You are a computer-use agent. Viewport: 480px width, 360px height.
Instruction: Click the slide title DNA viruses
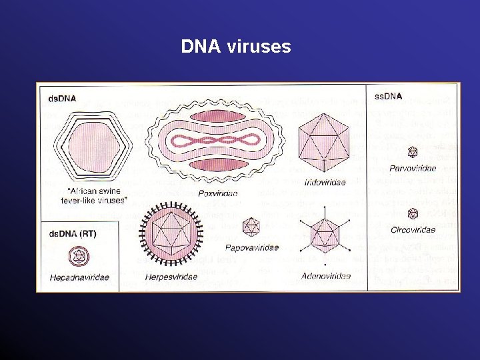click(x=236, y=47)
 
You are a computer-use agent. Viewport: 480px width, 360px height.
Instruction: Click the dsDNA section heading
click(x=62, y=99)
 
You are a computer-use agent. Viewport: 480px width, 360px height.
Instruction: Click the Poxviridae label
click(x=217, y=193)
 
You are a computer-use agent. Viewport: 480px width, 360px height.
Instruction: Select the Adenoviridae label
click(x=325, y=275)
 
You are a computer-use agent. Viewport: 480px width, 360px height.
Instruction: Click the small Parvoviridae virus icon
click(x=413, y=152)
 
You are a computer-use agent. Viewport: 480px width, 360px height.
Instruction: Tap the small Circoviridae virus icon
click(x=413, y=213)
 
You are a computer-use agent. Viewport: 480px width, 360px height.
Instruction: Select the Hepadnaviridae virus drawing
click(x=79, y=257)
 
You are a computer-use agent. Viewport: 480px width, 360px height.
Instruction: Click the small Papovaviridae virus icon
click(x=251, y=227)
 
